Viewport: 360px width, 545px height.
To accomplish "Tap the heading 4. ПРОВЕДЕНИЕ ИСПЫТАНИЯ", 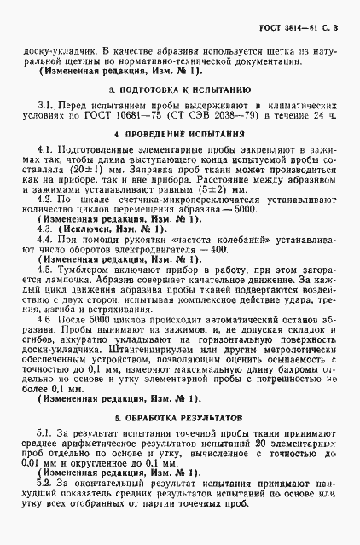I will point(179,136).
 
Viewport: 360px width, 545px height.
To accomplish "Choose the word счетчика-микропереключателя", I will point(146,204).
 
